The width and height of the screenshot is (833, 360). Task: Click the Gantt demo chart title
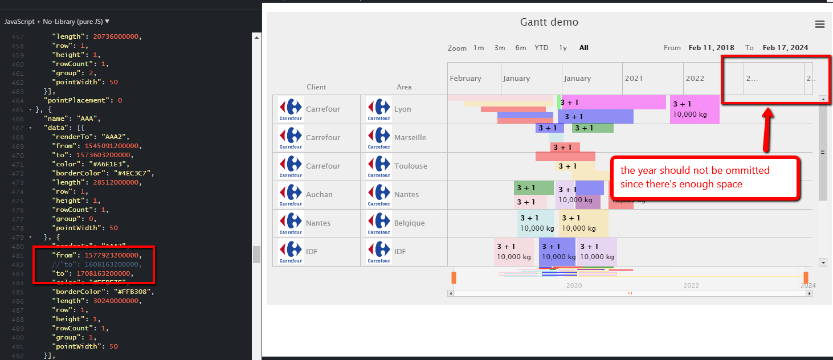click(x=549, y=22)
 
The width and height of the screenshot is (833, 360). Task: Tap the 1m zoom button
click(x=479, y=48)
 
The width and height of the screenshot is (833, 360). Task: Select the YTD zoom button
click(x=541, y=48)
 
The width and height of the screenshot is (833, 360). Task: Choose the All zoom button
click(x=583, y=48)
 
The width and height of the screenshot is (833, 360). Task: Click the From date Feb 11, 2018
click(x=711, y=48)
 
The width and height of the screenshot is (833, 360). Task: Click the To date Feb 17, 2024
click(x=785, y=48)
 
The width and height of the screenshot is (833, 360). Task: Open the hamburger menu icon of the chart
click(x=819, y=24)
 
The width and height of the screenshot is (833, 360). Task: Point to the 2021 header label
click(x=634, y=79)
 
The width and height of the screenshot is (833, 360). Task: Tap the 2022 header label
click(x=695, y=79)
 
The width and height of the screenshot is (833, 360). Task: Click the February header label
click(x=465, y=79)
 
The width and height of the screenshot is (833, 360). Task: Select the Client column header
click(x=316, y=87)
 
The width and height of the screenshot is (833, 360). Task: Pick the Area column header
click(x=404, y=87)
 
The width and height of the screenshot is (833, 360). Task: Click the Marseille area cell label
click(x=410, y=138)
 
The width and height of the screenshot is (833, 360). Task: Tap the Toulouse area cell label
click(x=410, y=166)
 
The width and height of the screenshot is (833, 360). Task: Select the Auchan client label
click(x=319, y=195)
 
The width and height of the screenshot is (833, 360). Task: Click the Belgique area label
click(x=409, y=223)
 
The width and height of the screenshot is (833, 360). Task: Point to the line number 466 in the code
click(x=18, y=118)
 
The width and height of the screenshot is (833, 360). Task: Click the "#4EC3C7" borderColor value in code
click(x=133, y=173)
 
